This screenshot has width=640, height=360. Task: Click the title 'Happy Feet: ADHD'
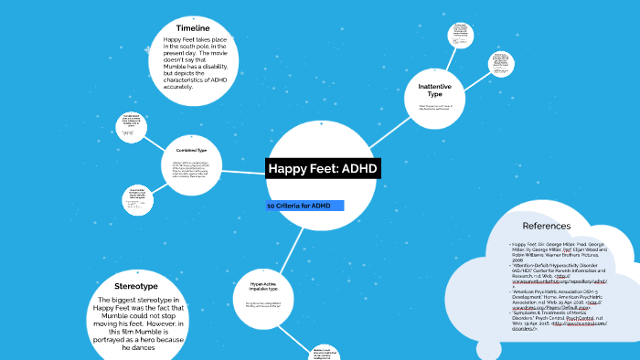(x=322, y=169)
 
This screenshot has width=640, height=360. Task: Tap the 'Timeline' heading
(x=199, y=28)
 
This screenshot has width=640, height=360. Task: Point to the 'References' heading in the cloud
(x=546, y=226)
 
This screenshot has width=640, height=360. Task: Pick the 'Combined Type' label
(x=191, y=150)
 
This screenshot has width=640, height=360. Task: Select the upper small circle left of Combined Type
(x=132, y=126)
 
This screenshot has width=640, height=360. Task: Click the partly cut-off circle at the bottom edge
(x=325, y=352)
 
